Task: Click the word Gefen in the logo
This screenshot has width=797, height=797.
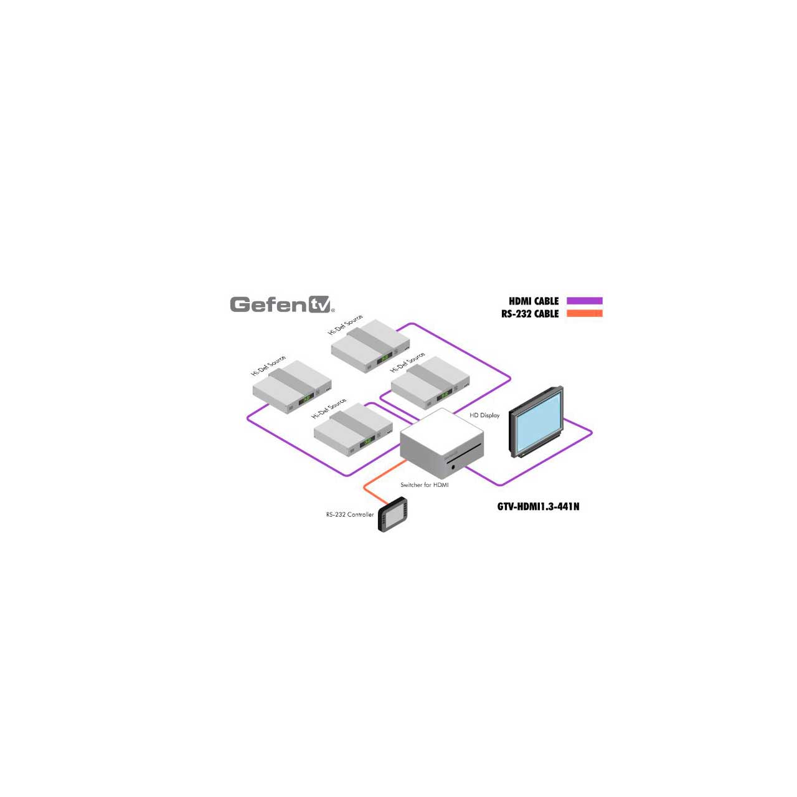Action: (269, 305)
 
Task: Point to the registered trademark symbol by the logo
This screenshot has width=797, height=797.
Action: (332, 310)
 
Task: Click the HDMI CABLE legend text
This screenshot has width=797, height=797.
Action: (534, 301)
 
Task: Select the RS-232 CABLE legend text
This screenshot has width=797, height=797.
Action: (530, 314)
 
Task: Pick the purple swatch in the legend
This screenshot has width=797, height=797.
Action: (585, 301)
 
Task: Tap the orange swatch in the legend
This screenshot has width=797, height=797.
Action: (585, 313)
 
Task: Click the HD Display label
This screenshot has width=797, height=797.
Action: (484, 415)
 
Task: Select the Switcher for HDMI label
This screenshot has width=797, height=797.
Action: (425, 484)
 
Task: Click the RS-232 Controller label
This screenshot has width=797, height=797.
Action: (349, 514)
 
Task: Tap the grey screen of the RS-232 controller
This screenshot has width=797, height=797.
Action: (392, 516)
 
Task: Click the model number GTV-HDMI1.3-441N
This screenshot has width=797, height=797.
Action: (538, 507)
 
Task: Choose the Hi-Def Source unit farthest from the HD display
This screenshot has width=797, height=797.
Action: (292, 386)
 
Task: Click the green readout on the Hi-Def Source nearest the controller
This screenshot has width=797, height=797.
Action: (367, 443)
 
